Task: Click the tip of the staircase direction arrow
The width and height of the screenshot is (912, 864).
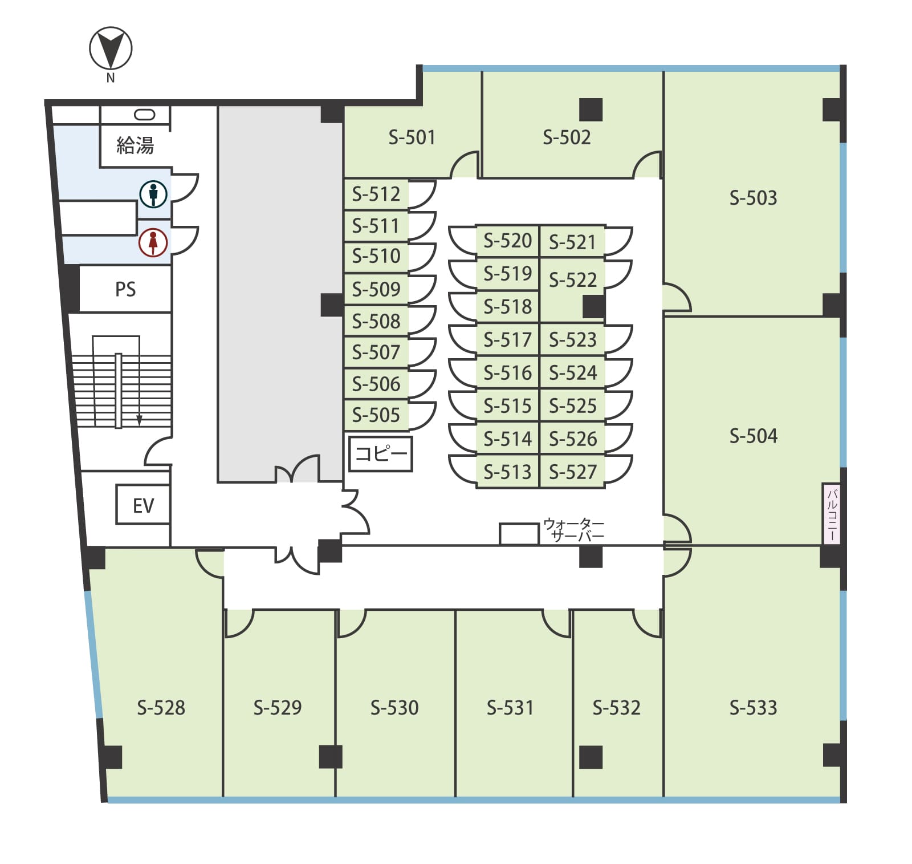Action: (139, 425)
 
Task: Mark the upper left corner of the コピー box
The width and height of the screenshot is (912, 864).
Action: (349, 437)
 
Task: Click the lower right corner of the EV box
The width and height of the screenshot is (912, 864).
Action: (169, 524)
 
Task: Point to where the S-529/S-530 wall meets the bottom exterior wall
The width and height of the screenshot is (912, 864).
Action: (336, 797)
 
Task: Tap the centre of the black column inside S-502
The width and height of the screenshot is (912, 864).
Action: (591, 109)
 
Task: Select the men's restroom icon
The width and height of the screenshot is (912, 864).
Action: (153, 194)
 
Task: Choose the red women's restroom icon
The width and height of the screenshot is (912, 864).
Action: (153, 242)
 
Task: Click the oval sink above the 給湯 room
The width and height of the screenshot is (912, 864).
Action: (144, 115)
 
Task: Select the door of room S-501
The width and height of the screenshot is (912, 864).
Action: (465, 164)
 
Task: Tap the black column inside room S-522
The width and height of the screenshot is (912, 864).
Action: (594, 307)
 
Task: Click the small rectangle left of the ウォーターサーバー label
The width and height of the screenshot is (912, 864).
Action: (519, 534)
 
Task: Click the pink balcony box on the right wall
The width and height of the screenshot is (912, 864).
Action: (832, 514)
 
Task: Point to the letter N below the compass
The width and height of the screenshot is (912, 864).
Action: (111, 78)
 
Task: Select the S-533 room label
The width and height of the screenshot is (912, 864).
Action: (753, 708)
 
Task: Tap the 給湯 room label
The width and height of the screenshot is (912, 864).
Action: (135, 145)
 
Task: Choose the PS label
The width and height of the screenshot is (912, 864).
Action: (125, 289)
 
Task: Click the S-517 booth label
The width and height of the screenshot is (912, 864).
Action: (507, 340)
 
